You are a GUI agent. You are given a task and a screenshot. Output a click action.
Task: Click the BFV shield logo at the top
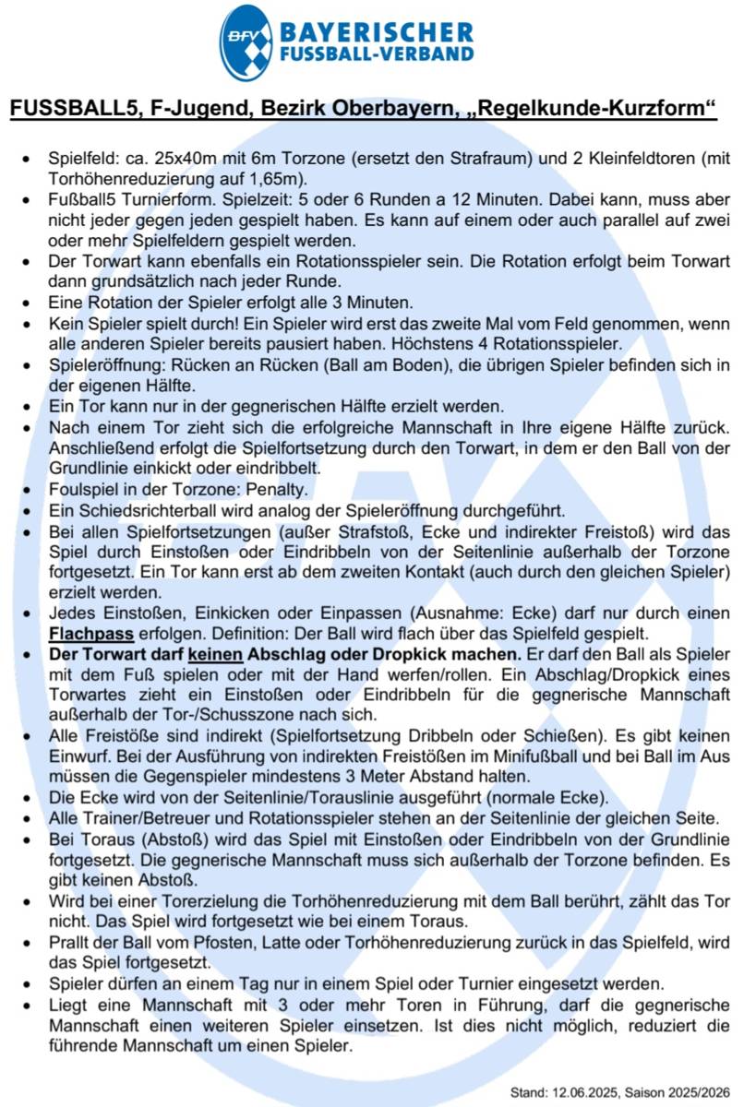click(x=246, y=42)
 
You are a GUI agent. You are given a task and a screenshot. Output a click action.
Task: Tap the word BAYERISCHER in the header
click(x=376, y=33)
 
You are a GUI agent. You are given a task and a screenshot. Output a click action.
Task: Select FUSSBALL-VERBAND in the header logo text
click(x=376, y=55)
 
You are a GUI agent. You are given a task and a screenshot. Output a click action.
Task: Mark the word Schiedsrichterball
click(x=136, y=511)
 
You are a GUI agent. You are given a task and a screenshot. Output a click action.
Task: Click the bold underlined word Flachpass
click(x=92, y=633)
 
